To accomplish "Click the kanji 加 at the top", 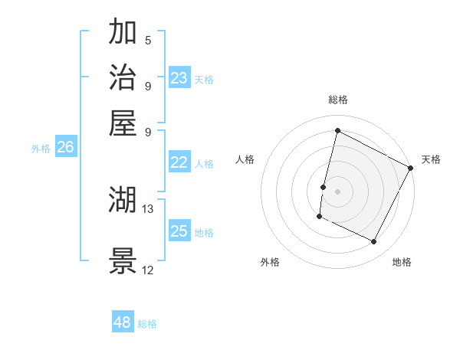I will (123, 34).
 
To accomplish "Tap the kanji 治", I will (123, 78).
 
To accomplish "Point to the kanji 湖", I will (123, 201).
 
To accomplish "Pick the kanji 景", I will (123, 261).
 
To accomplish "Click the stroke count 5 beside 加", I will (148, 41).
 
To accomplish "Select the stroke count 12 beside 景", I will (148, 270).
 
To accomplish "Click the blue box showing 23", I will (179, 78).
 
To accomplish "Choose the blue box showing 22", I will (179, 162).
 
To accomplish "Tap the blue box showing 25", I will (179, 231).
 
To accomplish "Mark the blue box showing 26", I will (65, 148).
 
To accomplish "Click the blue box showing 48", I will (123, 322).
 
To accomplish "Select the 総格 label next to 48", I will (147, 324).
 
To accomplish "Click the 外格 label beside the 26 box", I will (41, 149).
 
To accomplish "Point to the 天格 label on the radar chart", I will (431, 159).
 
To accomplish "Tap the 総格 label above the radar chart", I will (338, 100).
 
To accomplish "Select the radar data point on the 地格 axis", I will (374, 242).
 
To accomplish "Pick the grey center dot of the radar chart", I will (338, 191).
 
